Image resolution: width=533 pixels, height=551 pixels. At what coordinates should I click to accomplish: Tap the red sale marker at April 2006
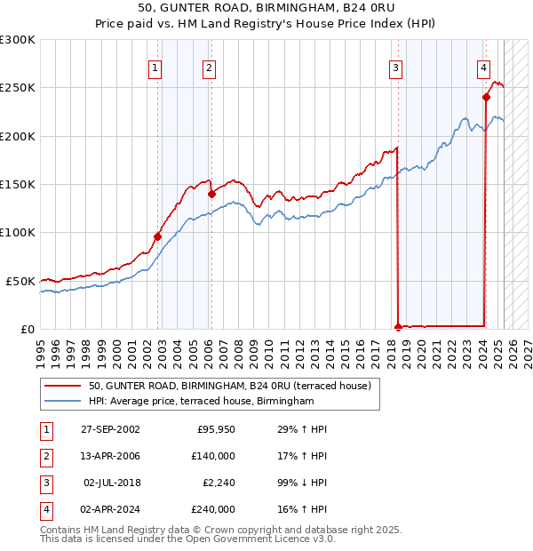(x=211, y=194)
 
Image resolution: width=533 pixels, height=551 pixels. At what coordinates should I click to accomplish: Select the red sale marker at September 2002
(x=157, y=236)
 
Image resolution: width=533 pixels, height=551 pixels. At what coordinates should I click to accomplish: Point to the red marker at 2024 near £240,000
(x=487, y=97)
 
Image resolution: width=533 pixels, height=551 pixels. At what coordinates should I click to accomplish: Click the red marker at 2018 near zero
(x=398, y=326)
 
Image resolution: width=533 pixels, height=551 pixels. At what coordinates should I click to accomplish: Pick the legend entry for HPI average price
(x=202, y=402)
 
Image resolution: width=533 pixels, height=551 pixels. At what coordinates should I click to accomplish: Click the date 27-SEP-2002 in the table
(x=110, y=430)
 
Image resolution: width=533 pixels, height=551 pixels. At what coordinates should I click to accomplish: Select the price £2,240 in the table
(x=216, y=483)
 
